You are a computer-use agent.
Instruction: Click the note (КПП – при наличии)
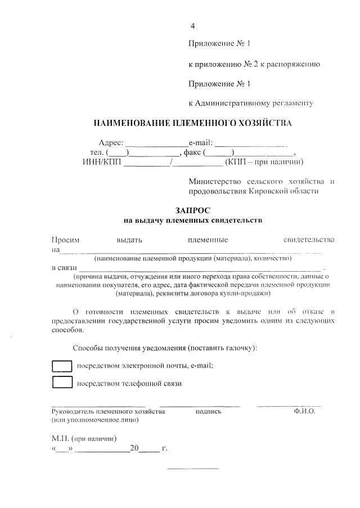click(264, 163)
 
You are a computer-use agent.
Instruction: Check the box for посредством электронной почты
click(62, 366)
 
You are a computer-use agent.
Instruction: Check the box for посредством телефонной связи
click(62, 383)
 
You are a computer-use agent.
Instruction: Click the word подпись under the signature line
click(208, 412)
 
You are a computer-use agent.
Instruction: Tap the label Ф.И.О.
click(304, 412)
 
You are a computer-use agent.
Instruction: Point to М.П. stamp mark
click(60, 438)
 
